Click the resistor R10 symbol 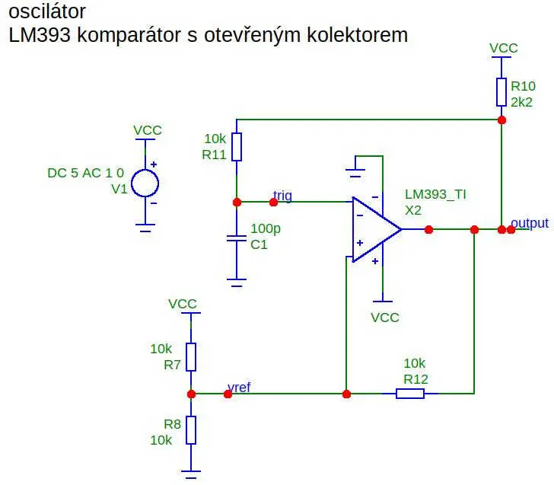coord(501,92)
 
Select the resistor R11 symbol coord(237,147)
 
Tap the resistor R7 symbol coord(191,356)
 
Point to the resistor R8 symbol coord(191,430)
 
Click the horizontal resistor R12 coord(410,394)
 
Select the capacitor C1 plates coord(237,238)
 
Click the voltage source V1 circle coord(145,183)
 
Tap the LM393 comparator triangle coord(377,229)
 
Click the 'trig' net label coord(282,195)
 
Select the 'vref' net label coord(239,388)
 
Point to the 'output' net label coord(530,223)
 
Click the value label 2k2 coord(521,102)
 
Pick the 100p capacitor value coord(266,228)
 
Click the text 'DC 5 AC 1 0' coord(85,173)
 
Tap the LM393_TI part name coord(435,194)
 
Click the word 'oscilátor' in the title coord(47,11)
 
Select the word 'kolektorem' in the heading coord(357,35)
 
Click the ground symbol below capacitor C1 coord(237,282)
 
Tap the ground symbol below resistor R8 coord(191,474)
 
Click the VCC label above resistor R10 coord(504,48)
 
